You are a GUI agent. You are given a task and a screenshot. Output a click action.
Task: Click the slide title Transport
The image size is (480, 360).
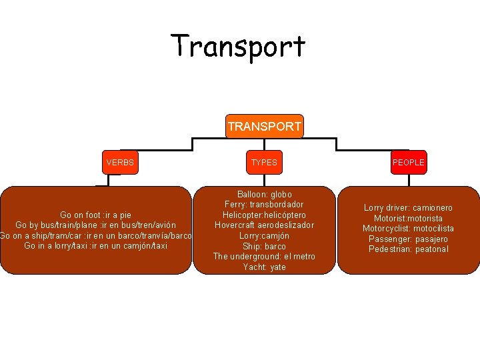tap(238, 46)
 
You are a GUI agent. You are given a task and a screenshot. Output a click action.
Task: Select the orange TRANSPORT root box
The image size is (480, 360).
tap(264, 126)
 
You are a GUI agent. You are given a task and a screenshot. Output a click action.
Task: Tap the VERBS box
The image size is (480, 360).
tap(120, 162)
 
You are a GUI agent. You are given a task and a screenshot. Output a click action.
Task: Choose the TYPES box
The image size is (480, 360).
tap(264, 162)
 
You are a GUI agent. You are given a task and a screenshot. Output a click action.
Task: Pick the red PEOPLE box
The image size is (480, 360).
tap(408, 162)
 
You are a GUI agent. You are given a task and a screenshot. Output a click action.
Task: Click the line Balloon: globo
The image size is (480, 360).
tap(264, 195)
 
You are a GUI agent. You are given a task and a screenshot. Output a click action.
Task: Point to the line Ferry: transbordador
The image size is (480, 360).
tap(264, 205)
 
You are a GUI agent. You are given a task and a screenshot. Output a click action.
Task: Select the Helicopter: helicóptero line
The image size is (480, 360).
tap(264, 215)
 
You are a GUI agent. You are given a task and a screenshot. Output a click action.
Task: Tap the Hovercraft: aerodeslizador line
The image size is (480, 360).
tap(264, 225)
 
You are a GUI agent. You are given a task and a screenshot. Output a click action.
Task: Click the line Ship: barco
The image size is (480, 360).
tap(264, 247)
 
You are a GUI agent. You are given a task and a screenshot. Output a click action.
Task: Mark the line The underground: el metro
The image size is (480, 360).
tap(264, 257)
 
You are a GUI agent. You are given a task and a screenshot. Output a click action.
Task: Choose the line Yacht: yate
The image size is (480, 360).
tap(264, 267)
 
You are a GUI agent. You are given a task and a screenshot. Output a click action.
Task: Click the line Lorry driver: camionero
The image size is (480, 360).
tap(408, 208)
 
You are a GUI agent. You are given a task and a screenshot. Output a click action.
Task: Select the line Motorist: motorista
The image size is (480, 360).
tap(408, 219)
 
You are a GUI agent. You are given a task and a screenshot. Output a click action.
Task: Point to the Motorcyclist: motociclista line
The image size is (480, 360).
tap(408, 229)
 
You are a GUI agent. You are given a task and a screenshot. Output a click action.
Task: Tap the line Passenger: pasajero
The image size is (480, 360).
tap(408, 239)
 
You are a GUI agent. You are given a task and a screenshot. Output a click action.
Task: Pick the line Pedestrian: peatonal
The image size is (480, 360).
tap(408, 249)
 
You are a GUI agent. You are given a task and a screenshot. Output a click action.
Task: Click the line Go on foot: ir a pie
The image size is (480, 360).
tap(95, 215)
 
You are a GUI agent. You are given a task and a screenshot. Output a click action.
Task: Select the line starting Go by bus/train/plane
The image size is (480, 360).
tap(95, 225)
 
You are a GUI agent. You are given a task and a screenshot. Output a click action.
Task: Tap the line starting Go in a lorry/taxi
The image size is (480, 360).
tap(95, 246)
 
